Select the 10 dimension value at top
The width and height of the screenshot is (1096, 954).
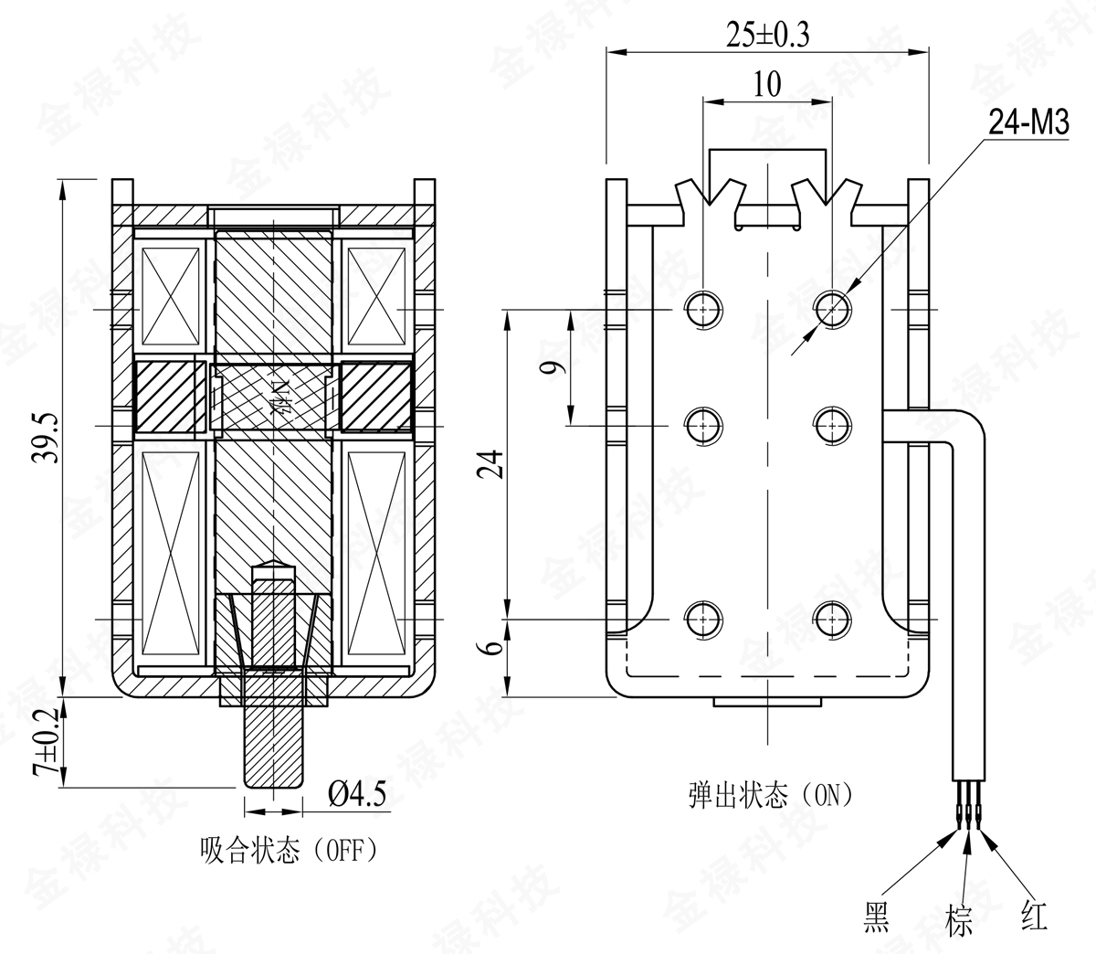pos(768,85)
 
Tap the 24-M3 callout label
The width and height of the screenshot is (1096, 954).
pos(1028,123)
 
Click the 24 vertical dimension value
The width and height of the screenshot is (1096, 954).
pos(494,464)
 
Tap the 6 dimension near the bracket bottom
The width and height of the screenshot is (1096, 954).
pos(494,648)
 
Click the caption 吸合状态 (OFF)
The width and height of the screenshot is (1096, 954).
pos(289,852)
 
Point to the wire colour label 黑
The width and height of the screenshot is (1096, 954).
pos(877,917)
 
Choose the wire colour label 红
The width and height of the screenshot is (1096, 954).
pos(1035,915)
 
